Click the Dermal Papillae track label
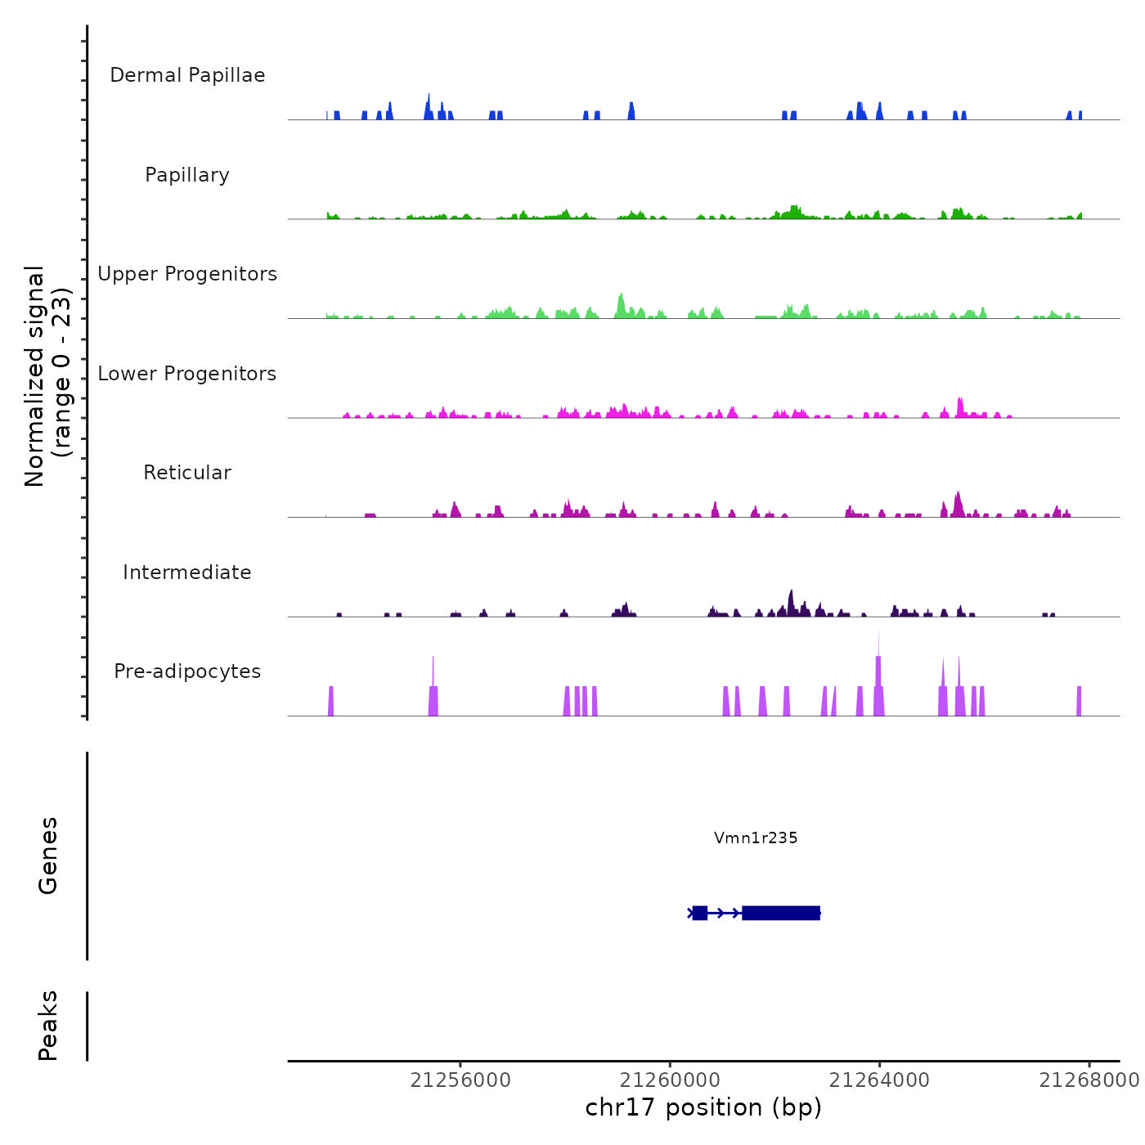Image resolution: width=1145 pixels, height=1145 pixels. [x=187, y=75]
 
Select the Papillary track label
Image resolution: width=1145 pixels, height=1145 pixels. [x=187, y=175]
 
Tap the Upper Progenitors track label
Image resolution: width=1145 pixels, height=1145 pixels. [x=187, y=274]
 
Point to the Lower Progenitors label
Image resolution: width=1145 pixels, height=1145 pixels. [x=187, y=374]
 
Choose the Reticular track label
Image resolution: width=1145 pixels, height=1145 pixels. [x=187, y=473]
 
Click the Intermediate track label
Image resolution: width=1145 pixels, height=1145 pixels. [x=187, y=572]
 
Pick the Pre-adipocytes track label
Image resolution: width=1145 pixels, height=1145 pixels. [x=187, y=671]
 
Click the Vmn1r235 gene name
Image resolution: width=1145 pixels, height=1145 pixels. [x=756, y=837]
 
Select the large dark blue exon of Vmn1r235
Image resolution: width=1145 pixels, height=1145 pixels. [x=780, y=913]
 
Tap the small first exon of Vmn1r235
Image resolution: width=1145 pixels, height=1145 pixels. [x=699, y=913]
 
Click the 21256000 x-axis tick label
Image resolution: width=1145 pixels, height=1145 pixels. [x=460, y=1080]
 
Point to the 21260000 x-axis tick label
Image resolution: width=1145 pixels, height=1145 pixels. [x=670, y=1080]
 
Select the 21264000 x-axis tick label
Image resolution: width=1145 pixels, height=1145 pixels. [x=879, y=1080]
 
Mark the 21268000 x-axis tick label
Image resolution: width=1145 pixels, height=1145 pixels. [x=1089, y=1080]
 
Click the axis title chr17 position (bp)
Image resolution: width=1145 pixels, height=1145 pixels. [x=703, y=1107]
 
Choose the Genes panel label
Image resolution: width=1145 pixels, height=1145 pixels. [x=48, y=855]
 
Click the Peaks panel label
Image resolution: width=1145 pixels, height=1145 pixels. [x=48, y=1026]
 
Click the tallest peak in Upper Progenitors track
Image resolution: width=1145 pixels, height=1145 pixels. [x=622, y=296]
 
